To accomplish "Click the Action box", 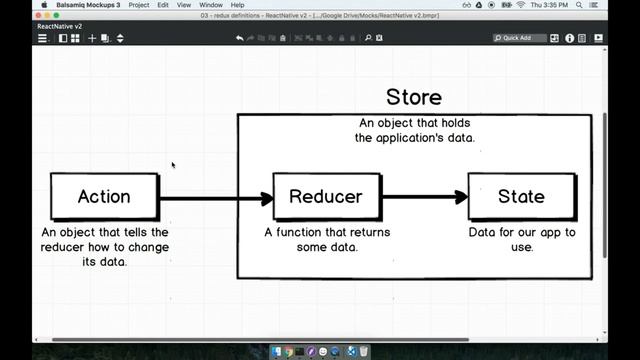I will [105, 197].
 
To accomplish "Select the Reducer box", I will [326, 197].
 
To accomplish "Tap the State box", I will [521, 197].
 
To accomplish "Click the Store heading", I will [413, 98].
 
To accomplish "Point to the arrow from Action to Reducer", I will [215, 198].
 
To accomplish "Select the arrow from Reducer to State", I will [424, 197].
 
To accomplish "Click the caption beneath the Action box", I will [105, 246].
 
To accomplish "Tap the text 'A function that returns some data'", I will [327, 239].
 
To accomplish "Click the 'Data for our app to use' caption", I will [522, 239].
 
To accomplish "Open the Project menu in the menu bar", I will [139, 5].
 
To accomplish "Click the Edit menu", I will [162, 5].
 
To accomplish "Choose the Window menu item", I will [211, 5].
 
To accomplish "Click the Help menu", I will [238, 5].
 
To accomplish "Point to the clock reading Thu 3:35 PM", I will [579, 5].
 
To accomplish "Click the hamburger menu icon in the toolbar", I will [42, 38].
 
